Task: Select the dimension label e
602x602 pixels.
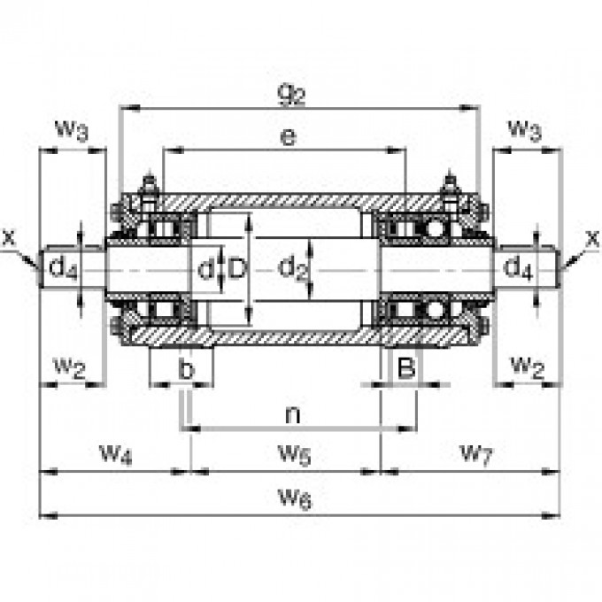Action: [x=285, y=137]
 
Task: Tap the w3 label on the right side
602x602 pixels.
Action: [x=525, y=130]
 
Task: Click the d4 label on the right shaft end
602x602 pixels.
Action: [x=520, y=268]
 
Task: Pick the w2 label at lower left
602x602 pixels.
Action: [x=68, y=366]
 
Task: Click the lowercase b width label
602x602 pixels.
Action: [x=185, y=369]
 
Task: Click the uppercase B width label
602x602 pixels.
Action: [x=405, y=367]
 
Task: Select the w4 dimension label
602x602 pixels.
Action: [x=115, y=454]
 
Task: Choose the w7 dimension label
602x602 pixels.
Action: [x=475, y=454]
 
